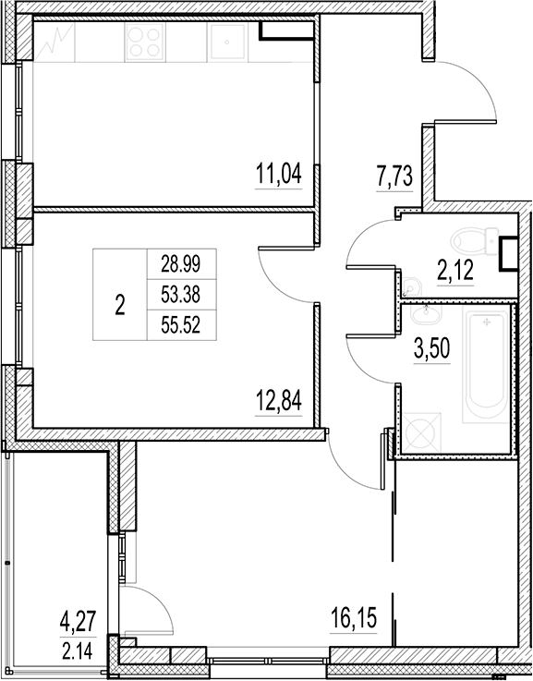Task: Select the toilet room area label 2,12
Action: coord(454,270)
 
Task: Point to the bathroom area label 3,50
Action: coord(430,351)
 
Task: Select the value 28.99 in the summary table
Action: coord(181,263)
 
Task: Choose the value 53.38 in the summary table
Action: coord(181,294)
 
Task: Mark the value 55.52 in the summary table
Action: coord(181,324)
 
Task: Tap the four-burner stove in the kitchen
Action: coord(145,41)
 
